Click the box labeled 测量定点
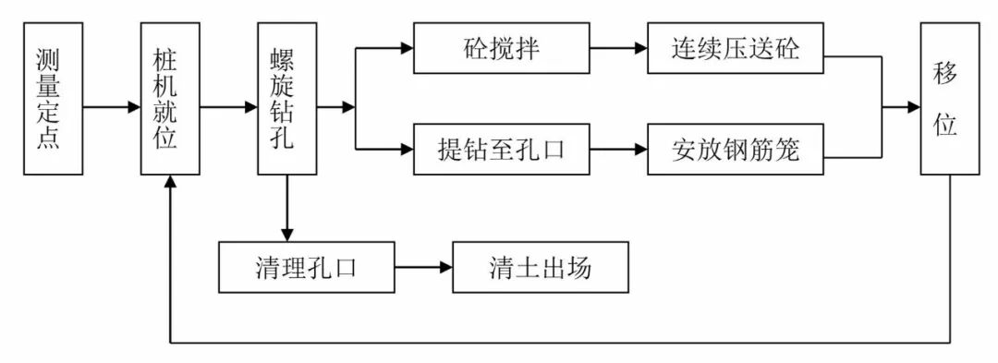(53, 100)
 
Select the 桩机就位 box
(170, 100)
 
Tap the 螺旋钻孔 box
(286, 100)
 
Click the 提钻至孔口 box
(501, 149)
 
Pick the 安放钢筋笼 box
(735, 149)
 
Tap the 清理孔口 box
(306, 267)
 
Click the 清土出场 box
(541, 267)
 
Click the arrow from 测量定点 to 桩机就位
(111, 107)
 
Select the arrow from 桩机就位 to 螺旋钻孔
(228, 107)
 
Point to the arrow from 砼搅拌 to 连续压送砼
(618, 48)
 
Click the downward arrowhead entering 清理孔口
(286, 234)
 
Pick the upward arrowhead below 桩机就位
(170, 184)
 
